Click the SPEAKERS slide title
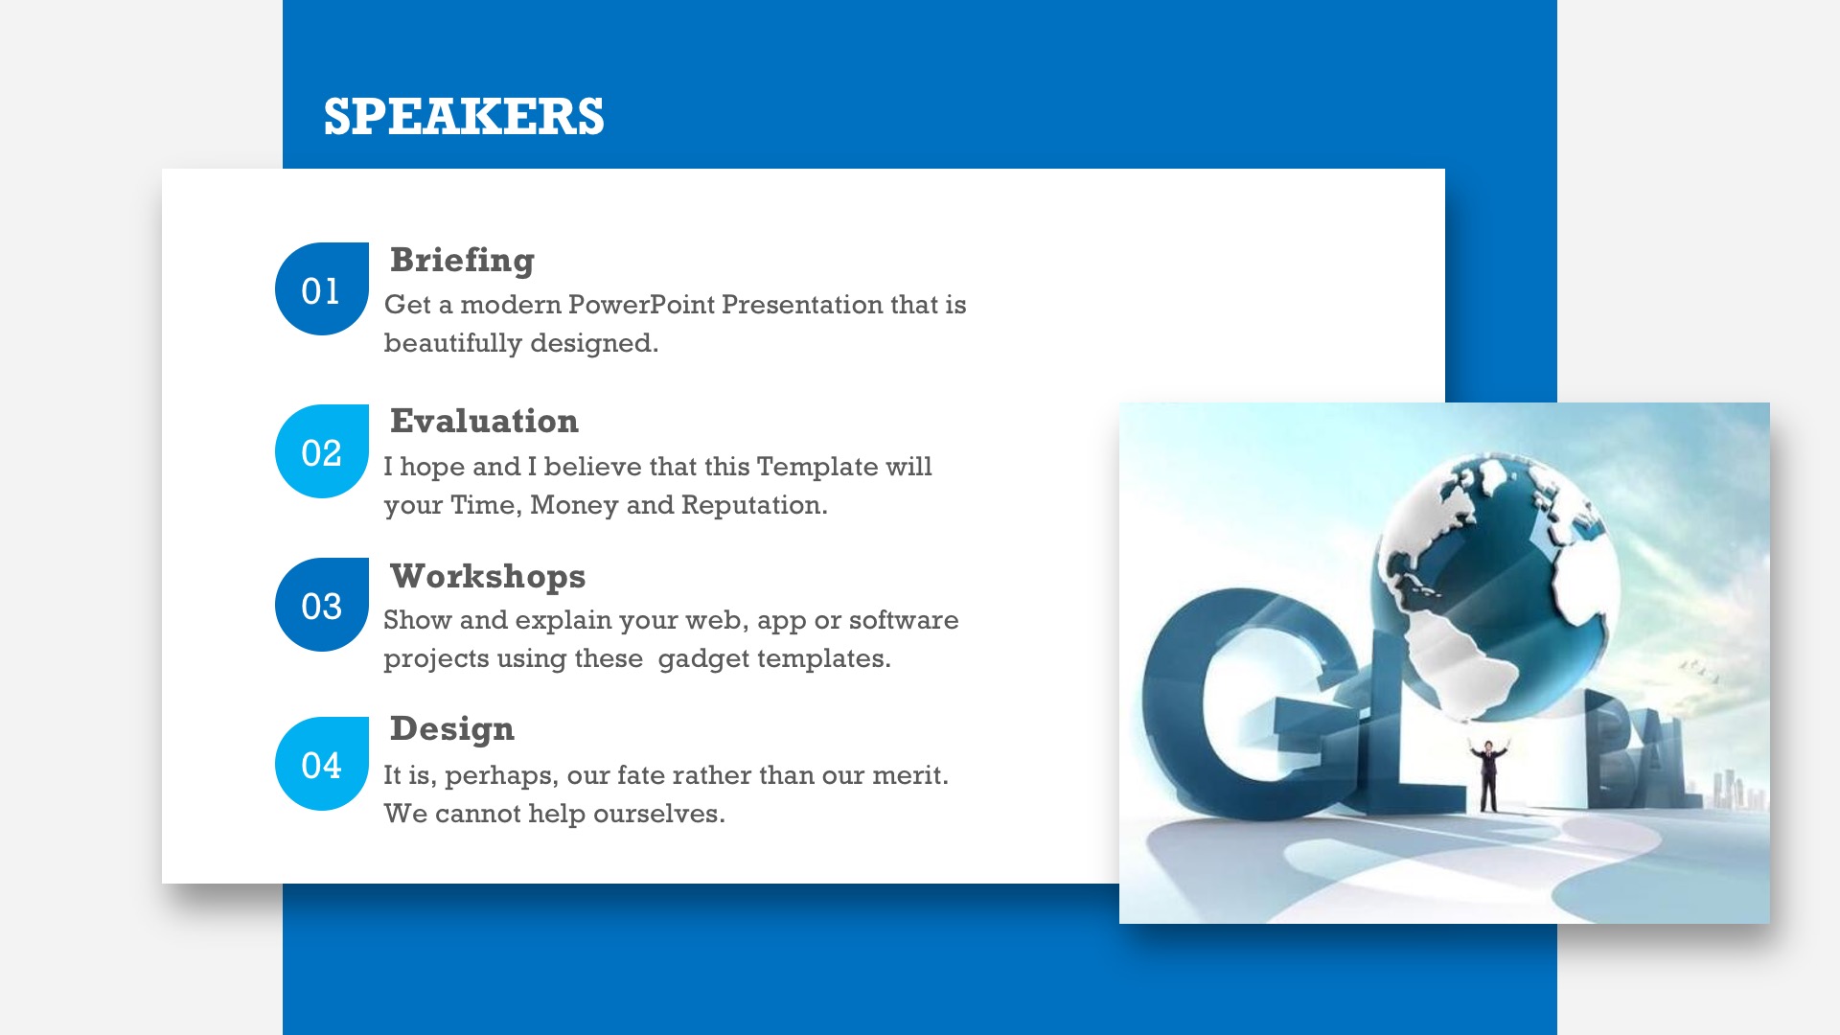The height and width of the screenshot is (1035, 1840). click(x=464, y=117)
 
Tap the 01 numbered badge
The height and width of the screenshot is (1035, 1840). click(x=322, y=288)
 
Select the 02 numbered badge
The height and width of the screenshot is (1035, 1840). click(x=322, y=451)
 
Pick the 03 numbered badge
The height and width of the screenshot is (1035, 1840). click(x=322, y=605)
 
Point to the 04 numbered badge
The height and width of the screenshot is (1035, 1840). click(x=322, y=764)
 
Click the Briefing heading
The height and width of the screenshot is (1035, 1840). click(x=462, y=260)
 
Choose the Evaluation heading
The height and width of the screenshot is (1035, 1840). click(x=484, y=421)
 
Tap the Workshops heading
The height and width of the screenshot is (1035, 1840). click(x=488, y=577)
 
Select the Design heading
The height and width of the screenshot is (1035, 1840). click(x=452, y=729)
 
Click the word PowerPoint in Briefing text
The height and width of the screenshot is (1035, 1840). click(x=641, y=304)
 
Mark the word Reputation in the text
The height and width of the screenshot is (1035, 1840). click(x=754, y=505)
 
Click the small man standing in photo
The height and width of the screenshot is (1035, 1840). click(x=1487, y=774)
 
